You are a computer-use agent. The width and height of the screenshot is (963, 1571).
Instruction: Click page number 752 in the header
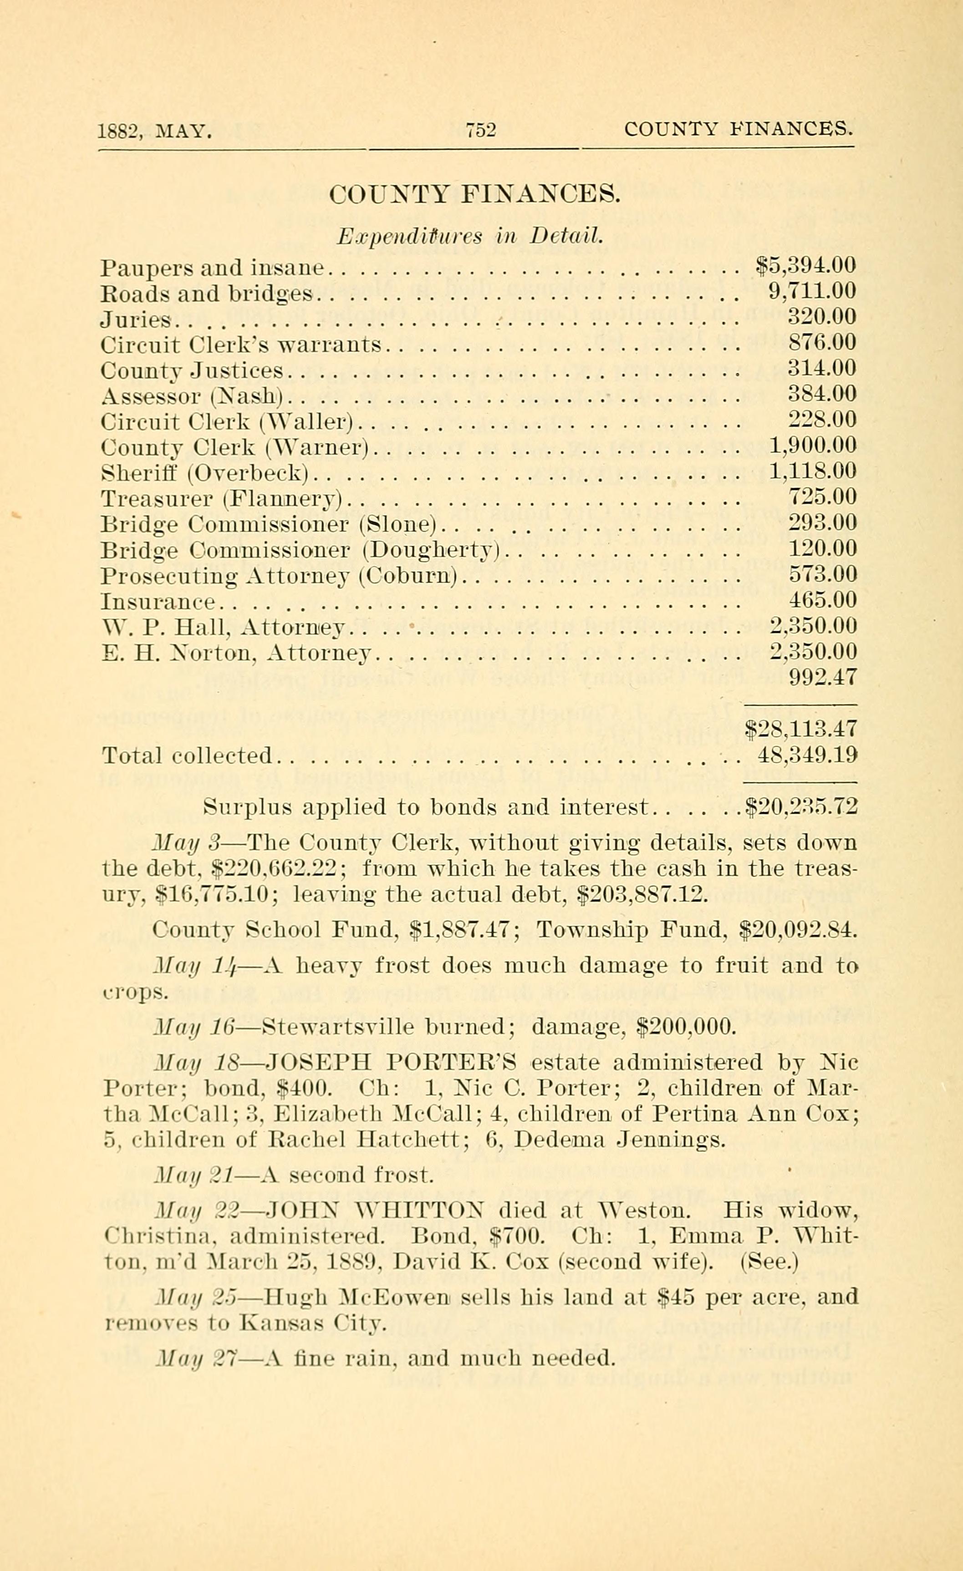[481, 130]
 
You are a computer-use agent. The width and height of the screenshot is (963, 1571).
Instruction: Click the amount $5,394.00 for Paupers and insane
[805, 265]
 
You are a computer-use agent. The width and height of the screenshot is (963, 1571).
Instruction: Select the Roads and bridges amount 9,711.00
[812, 291]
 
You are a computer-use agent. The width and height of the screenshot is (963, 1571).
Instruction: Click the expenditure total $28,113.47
[802, 729]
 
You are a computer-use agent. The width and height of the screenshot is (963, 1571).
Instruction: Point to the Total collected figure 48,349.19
[807, 755]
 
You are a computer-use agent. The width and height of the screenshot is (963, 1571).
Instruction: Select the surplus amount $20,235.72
[802, 807]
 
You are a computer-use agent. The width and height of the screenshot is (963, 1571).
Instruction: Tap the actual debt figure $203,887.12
[642, 895]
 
